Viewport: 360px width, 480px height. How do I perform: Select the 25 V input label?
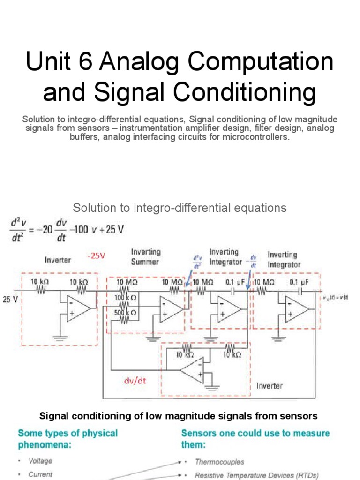pos(10,299)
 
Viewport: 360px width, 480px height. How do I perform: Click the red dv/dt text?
pos(135,381)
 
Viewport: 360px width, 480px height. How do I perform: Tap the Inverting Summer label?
pos(146,257)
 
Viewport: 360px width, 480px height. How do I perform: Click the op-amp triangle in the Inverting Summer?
pos(171,309)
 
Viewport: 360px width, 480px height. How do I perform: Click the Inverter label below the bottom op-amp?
pos(270,386)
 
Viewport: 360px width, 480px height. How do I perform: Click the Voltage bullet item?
pos(40,461)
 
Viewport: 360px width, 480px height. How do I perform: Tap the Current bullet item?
pos(40,474)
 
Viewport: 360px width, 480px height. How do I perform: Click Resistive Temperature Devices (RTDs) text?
pos(257,475)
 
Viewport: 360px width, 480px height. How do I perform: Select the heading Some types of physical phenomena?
pos(67,438)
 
